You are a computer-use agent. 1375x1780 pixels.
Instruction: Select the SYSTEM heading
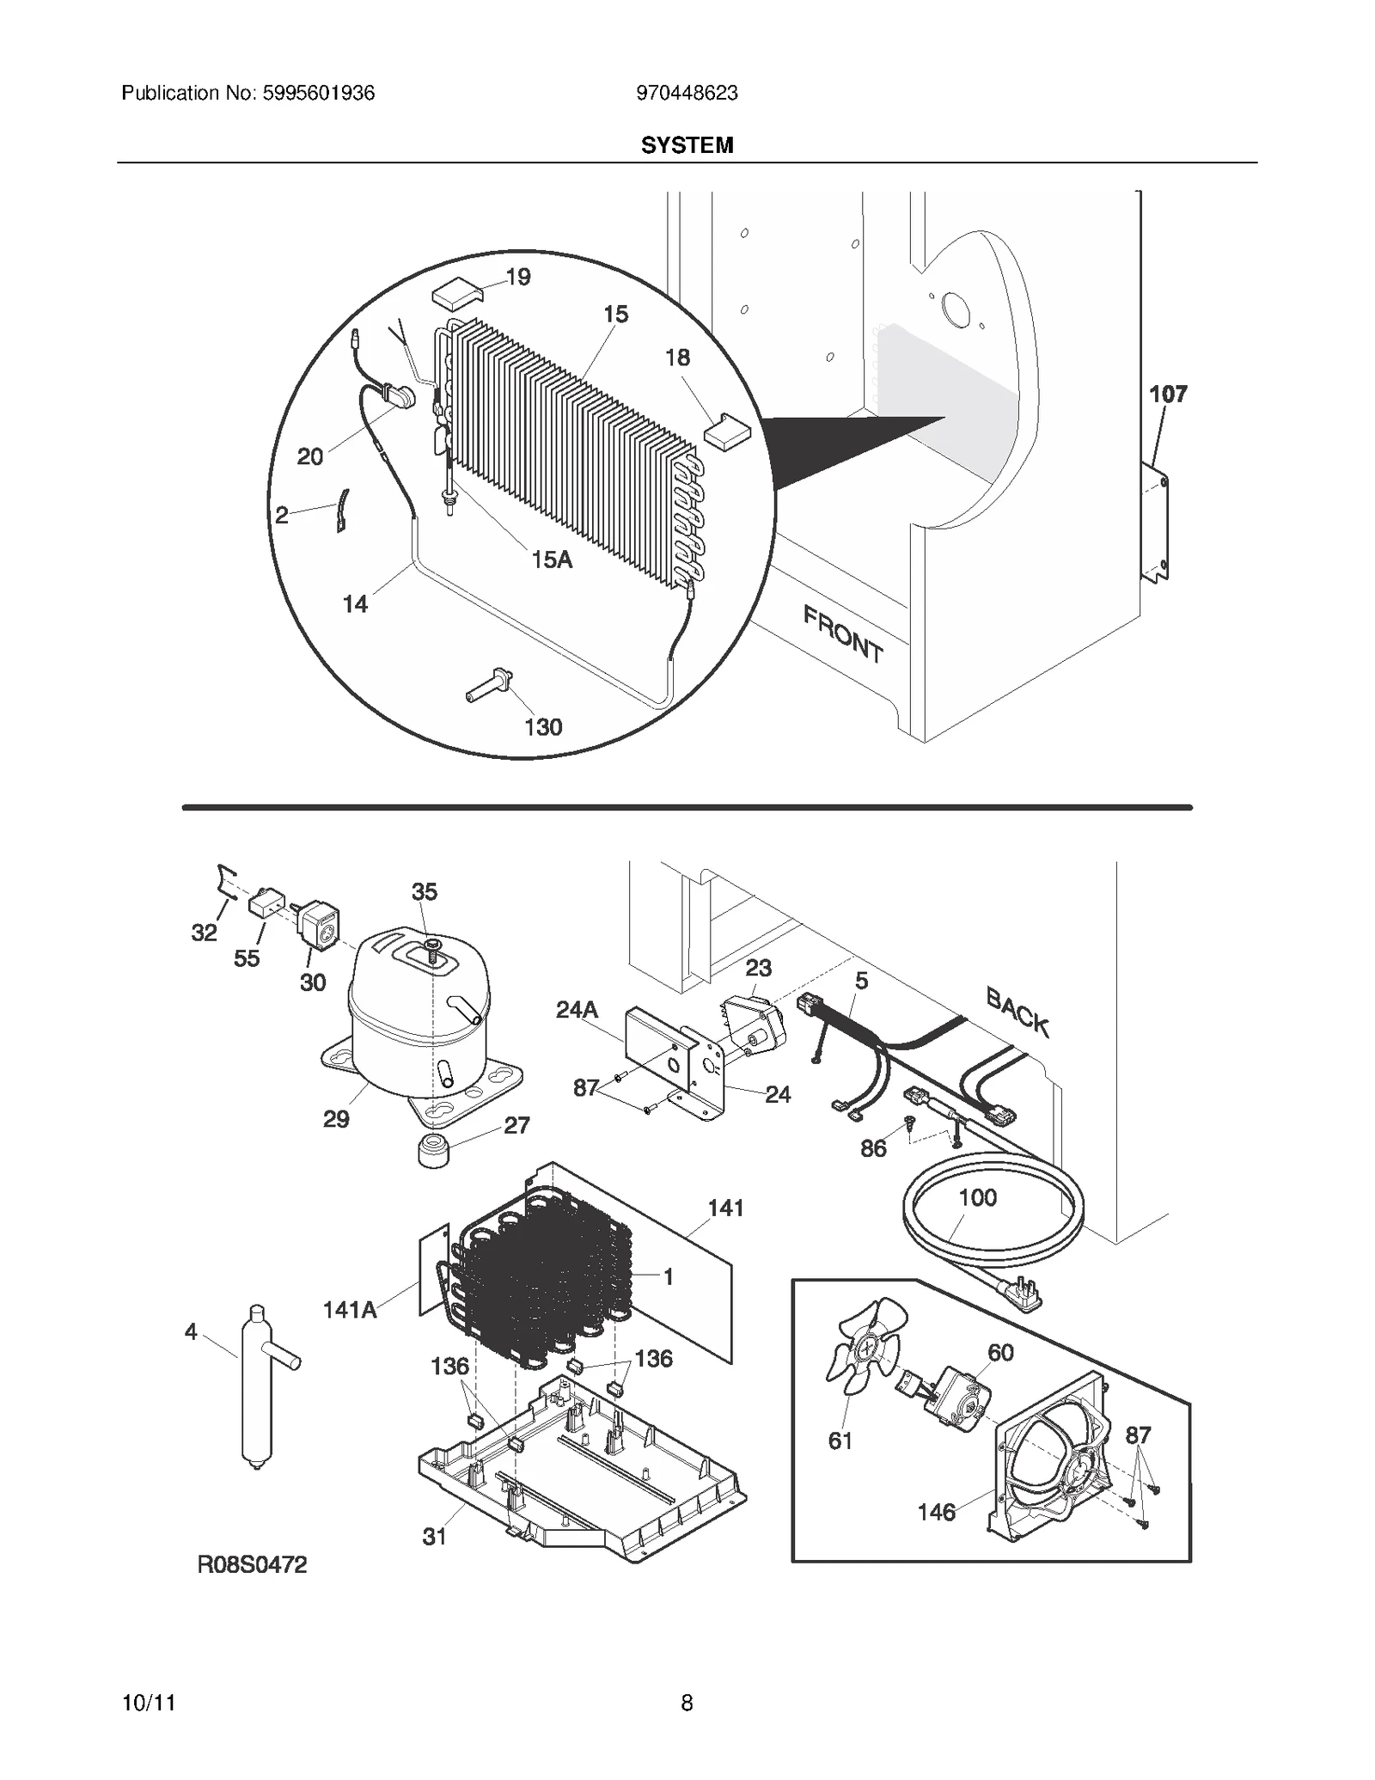point(687,145)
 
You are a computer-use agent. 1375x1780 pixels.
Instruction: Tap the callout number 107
point(1168,395)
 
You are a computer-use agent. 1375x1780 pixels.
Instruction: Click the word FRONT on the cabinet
point(842,633)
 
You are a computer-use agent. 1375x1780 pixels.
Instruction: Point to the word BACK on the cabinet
point(1017,1012)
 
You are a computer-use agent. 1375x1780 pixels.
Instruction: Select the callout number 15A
point(552,560)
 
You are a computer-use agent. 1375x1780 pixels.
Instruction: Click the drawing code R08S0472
point(252,1565)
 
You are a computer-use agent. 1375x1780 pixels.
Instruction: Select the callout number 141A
point(350,1310)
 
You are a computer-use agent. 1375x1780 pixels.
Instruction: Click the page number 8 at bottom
point(687,1703)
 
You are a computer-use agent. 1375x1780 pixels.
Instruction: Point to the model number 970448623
point(687,93)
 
